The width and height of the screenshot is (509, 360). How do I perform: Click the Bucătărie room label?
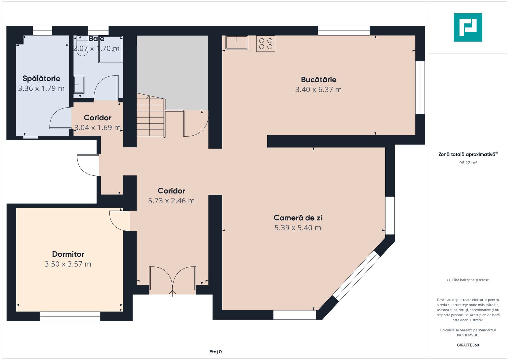tap(319, 80)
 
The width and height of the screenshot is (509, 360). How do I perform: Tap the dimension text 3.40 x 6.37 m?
tap(318, 90)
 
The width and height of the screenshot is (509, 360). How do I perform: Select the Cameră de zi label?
tap(298, 218)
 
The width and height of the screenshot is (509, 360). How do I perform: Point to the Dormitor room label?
tap(68, 254)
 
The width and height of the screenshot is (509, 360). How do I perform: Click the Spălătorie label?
tap(41, 79)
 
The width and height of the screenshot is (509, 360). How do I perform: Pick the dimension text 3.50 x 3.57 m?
tap(68, 264)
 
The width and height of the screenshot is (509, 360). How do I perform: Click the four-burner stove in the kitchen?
tap(266, 44)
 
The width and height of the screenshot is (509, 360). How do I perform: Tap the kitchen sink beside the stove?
tap(237, 42)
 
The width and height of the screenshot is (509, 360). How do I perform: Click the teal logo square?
tap(468, 27)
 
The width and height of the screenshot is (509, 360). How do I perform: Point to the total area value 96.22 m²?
tap(468, 163)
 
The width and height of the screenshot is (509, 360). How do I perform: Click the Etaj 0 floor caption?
tap(215, 352)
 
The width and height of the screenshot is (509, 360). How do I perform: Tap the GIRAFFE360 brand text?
tap(468, 345)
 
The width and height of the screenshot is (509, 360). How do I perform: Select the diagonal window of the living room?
tap(356, 276)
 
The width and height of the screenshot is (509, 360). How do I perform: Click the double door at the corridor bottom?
tap(172, 281)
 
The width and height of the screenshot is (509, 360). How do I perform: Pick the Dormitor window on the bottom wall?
tap(70, 316)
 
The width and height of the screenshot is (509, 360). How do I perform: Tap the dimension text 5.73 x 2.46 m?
tap(171, 201)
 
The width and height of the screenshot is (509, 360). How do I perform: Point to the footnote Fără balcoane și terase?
tap(468, 280)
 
